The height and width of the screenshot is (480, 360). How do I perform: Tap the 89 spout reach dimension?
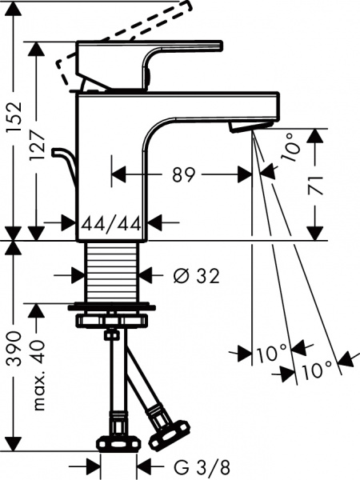[182, 174]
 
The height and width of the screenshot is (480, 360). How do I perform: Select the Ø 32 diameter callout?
[195, 276]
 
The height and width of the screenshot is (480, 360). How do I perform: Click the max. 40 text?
[39, 374]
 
